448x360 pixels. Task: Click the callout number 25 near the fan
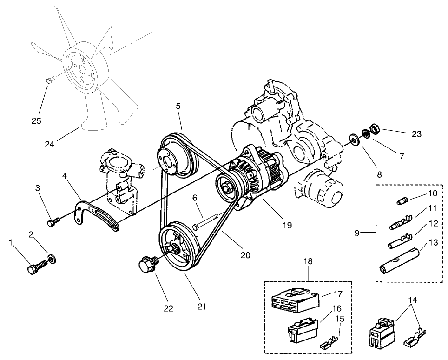tap(36, 120)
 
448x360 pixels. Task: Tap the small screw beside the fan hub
tap(51, 80)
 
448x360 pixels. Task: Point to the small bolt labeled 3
tap(53, 222)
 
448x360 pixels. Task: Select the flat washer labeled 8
tap(353, 139)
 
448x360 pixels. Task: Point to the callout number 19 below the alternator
tap(287, 225)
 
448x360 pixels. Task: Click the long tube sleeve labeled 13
tap(400, 263)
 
